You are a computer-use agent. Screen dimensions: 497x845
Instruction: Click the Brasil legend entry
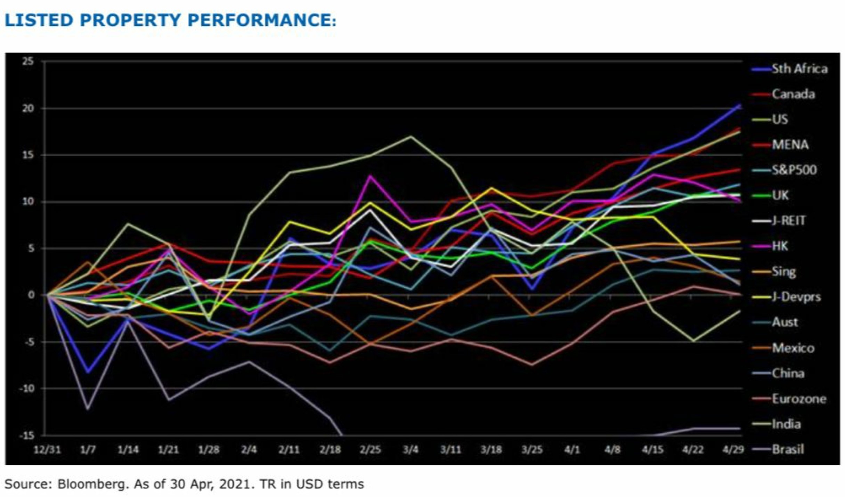pyautogui.click(x=788, y=449)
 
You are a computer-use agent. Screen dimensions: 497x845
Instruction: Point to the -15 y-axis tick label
pyautogui.click(x=26, y=435)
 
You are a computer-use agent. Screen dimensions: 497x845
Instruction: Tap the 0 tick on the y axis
pyautogui.click(x=31, y=295)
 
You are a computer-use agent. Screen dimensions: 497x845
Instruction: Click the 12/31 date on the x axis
pyautogui.click(x=47, y=450)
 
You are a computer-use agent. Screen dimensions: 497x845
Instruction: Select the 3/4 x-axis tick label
pyautogui.click(x=411, y=450)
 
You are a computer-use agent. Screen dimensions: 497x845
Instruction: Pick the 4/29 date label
pyautogui.click(x=733, y=450)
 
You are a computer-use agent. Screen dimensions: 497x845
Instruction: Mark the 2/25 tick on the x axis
pyautogui.click(x=370, y=450)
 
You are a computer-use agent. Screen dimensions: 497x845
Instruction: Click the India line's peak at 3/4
pyautogui.click(x=411, y=136)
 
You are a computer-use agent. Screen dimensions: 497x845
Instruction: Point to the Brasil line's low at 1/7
pyautogui.click(x=88, y=409)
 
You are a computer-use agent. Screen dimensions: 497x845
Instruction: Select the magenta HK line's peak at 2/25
pyautogui.click(x=371, y=176)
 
